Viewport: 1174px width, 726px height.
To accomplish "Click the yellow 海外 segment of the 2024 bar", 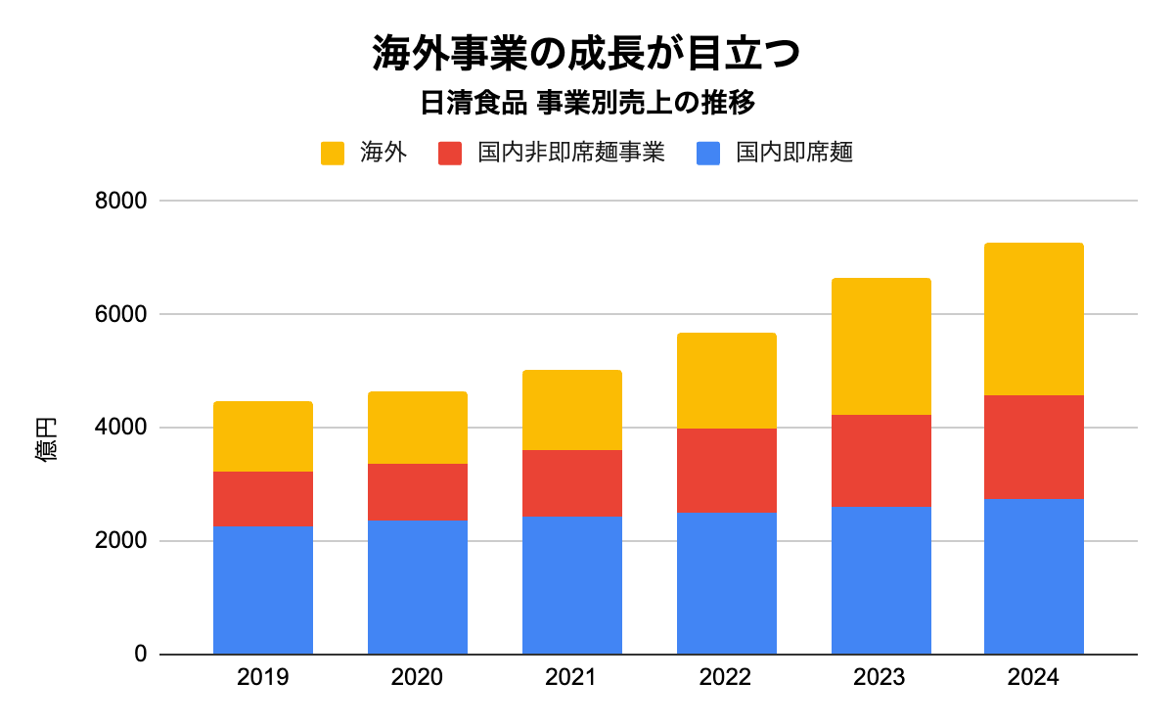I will pos(1034,319).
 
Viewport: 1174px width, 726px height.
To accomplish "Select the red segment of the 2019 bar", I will pos(263,499).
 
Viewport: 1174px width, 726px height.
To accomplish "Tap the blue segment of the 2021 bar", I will pos(572,585).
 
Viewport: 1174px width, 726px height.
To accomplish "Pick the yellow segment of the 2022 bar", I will pos(727,381).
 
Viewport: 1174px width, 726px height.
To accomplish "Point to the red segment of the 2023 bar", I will pos(881,461).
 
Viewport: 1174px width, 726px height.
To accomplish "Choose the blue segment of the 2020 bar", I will pos(418,587).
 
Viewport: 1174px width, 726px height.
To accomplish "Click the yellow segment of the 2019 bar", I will pos(263,436).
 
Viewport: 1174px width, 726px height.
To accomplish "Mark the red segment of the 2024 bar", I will pos(1034,447).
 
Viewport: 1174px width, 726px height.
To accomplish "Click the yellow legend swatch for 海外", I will pos(333,154).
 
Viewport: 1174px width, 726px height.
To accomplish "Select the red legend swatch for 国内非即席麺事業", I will pos(450,154).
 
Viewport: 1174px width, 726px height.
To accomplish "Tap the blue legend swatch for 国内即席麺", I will pos(708,154).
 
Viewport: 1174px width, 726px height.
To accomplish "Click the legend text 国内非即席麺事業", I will pos(571,154).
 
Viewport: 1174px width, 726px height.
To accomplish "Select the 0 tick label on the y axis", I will pos(140,655).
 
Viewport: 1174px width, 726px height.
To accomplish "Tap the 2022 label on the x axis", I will pos(727,678).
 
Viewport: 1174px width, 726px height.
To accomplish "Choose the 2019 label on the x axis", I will pos(263,678).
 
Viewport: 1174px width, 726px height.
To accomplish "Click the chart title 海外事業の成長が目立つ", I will pos(586,54).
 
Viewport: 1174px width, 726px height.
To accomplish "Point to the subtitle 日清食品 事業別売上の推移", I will pos(586,103).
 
